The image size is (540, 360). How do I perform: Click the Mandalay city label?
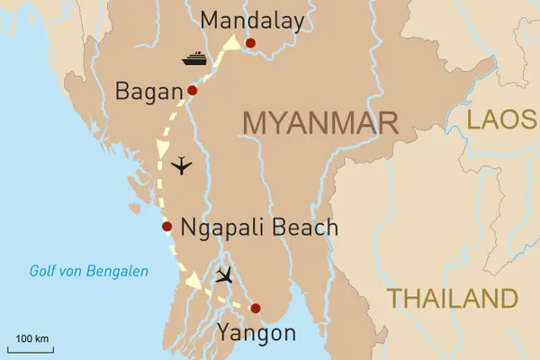(x=252, y=20)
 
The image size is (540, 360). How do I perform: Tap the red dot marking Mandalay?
(x=250, y=42)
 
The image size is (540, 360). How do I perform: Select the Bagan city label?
(x=148, y=91)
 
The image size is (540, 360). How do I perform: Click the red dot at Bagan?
(x=192, y=90)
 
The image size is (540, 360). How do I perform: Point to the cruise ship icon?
(x=195, y=59)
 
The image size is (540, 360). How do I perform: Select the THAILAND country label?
(x=452, y=299)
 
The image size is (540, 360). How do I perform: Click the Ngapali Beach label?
(x=259, y=227)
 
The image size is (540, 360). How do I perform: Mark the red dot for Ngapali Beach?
(x=166, y=226)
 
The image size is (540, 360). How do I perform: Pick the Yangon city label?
(x=256, y=334)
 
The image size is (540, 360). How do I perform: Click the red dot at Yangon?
(x=256, y=309)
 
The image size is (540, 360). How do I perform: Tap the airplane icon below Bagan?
(x=182, y=166)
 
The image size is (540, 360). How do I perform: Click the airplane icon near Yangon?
(x=224, y=274)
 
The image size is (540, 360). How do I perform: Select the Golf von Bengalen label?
(x=88, y=271)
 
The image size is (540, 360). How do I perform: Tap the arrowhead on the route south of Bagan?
(x=163, y=147)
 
